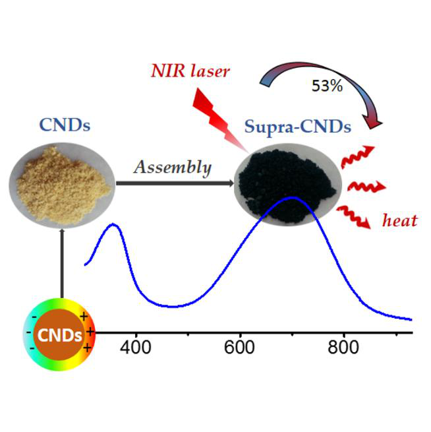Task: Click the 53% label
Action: pos(328,86)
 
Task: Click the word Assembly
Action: pos(173,168)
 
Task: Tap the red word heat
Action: pos(399,220)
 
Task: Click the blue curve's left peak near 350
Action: pos(113,225)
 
